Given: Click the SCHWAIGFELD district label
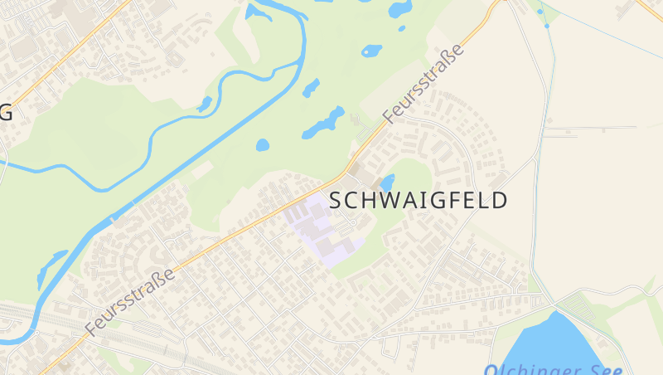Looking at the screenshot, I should (x=419, y=201).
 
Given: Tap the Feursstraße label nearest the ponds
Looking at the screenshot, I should (x=423, y=85).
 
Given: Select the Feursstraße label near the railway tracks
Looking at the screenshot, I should (x=131, y=302).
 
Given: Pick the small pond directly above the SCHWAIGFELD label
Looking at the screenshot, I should (x=387, y=182).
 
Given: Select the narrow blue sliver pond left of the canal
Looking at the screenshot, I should (x=50, y=267).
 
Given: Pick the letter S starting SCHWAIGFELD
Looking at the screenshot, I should (x=336, y=201).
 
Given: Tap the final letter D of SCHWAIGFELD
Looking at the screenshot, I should (x=500, y=201).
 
